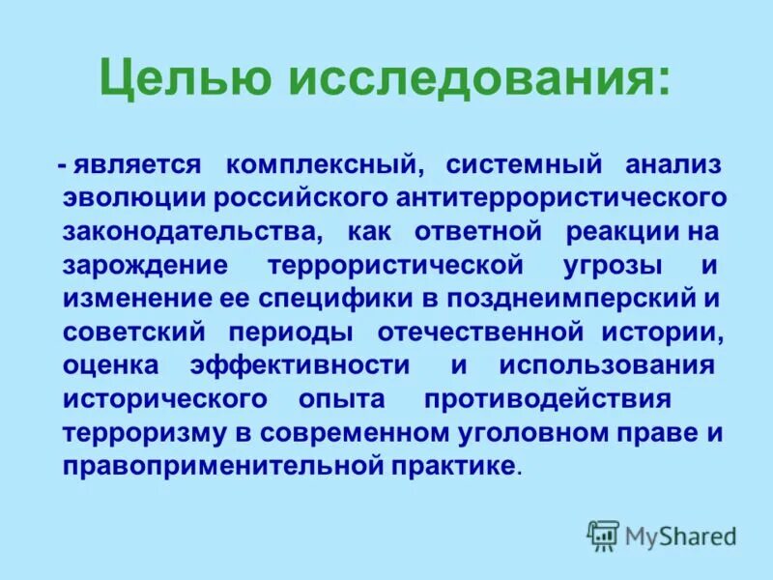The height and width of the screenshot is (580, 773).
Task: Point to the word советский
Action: [x=134, y=333]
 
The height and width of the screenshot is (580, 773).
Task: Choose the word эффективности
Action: [x=300, y=365]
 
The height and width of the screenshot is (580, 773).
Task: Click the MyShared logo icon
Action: [x=603, y=535]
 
